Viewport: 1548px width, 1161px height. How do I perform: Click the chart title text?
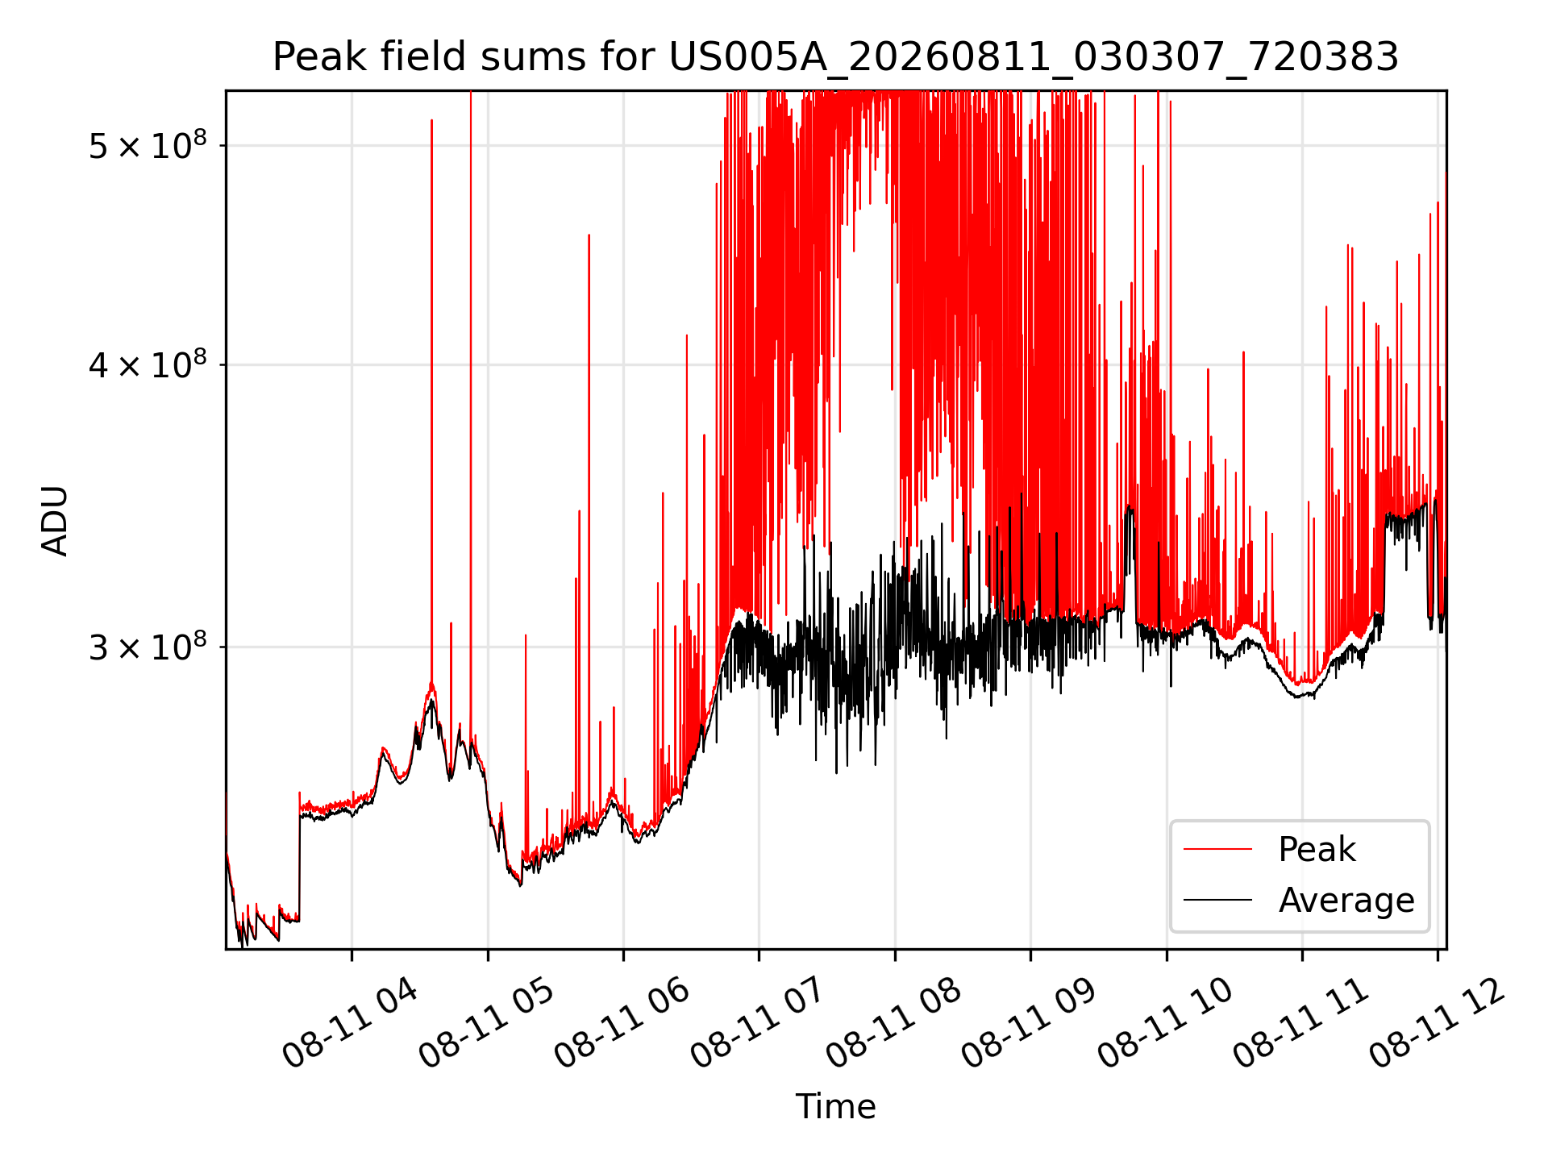click(835, 57)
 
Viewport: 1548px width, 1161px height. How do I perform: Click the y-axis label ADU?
click(55, 520)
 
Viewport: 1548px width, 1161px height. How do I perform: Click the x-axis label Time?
click(835, 1106)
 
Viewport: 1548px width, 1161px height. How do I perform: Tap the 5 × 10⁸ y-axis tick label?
click(148, 144)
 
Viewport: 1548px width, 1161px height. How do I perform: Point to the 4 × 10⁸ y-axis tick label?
click(148, 364)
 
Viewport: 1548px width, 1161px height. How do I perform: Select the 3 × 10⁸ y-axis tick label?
click(148, 646)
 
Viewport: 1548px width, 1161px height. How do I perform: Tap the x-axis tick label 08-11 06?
click(622, 1022)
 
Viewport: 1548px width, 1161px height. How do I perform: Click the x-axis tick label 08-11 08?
click(893, 1022)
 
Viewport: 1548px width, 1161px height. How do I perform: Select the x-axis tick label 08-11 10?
click(1165, 1022)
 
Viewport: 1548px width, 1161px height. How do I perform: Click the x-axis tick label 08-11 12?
click(1437, 1022)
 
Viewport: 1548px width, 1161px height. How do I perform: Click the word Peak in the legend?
click(1317, 850)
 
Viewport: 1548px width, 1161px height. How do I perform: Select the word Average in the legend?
click(1346, 900)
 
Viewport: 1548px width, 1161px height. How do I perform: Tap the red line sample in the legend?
click(1217, 849)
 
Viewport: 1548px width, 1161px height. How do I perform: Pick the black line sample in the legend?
click(1217, 900)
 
